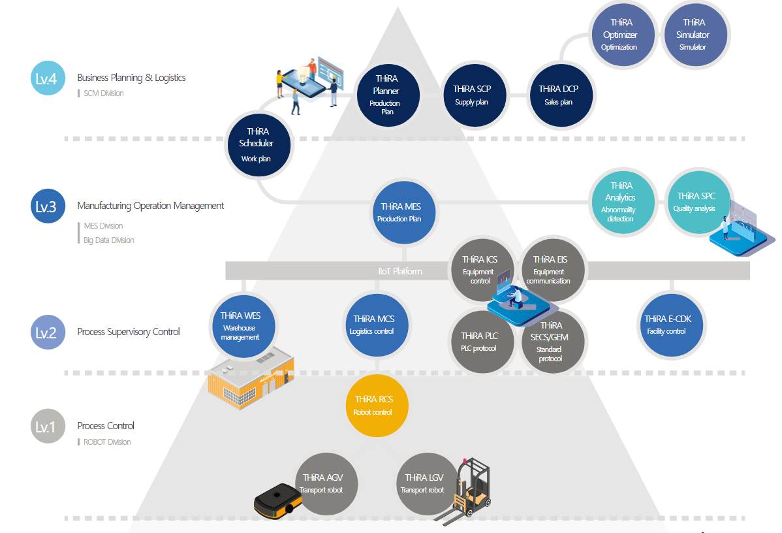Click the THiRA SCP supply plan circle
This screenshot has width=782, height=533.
(472, 95)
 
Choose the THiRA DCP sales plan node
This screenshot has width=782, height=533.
(559, 95)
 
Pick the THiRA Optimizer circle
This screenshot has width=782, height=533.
(619, 35)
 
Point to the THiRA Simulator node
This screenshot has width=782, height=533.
(693, 35)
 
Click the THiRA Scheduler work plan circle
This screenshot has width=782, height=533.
(256, 145)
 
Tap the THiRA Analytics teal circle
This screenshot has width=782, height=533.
(620, 201)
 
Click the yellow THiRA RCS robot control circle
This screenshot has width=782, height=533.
(373, 406)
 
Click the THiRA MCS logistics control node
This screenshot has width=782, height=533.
(373, 325)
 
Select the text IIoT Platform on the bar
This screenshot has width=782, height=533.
(400, 271)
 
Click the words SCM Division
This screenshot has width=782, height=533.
(103, 93)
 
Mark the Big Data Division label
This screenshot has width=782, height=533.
(108, 240)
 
